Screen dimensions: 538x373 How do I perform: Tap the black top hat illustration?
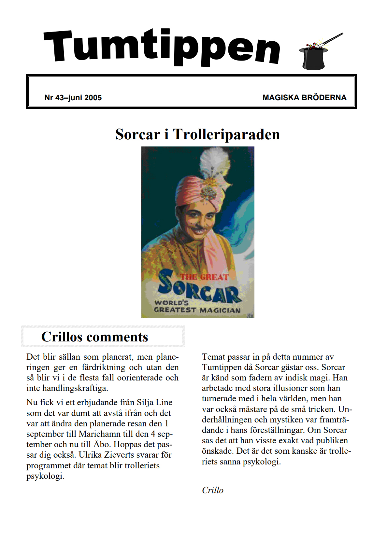pyautogui.click(x=313, y=59)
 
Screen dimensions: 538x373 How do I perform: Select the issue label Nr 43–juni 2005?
pyautogui.click(x=73, y=98)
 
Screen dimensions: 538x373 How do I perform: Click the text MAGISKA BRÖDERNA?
pyautogui.click(x=304, y=98)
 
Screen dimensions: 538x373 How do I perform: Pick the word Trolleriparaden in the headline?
pyautogui.click(x=226, y=134)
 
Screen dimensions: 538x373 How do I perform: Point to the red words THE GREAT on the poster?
pyautogui.click(x=205, y=277)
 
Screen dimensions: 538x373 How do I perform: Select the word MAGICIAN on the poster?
pyautogui.click(x=220, y=310)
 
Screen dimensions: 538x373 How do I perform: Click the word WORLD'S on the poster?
pyautogui.click(x=171, y=302)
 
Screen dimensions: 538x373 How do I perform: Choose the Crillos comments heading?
pyautogui.click(x=94, y=337)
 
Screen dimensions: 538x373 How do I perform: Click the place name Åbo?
pyautogui.click(x=102, y=445)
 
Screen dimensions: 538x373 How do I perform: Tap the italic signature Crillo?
pyautogui.click(x=213, y=490)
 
